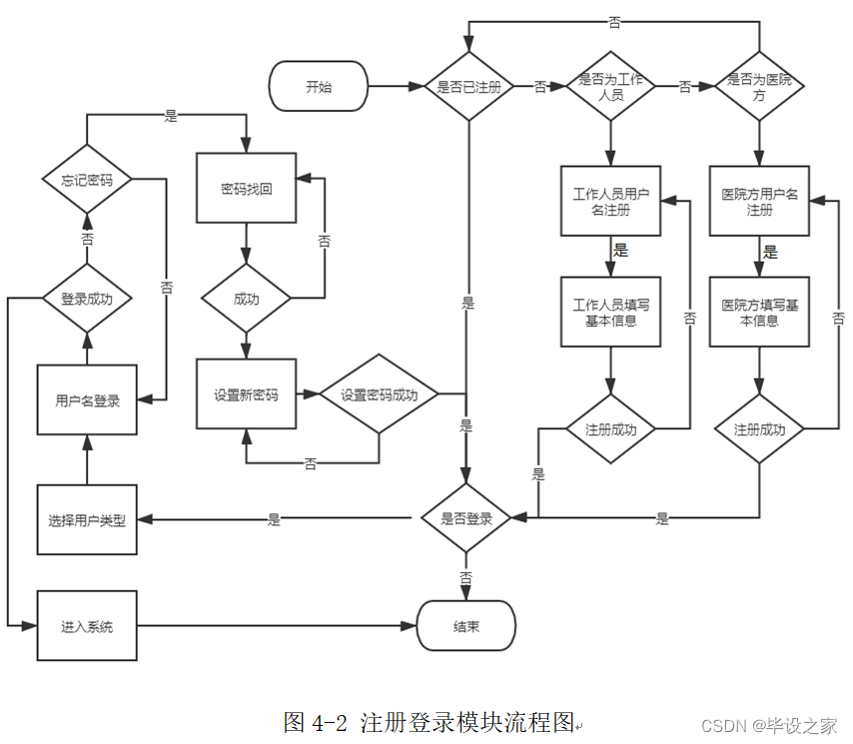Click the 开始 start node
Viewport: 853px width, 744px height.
[319, 87]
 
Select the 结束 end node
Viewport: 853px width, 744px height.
[465, 627]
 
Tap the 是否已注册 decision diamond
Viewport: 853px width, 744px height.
[468, 87]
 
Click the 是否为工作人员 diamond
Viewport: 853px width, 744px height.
[610, 87]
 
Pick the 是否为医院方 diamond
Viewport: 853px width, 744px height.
[759, 87]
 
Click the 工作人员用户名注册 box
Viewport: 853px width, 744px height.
[610, 201]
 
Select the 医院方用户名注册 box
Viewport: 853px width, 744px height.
[759, 201]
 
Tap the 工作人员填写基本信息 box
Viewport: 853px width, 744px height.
[610, 312]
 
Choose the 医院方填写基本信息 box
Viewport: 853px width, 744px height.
[759, 312]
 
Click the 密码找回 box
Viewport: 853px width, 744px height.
[246, 188]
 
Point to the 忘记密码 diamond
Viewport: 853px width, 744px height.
[87, 180]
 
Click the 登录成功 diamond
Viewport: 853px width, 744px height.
[87, 298]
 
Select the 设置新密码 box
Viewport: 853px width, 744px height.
[246, 394]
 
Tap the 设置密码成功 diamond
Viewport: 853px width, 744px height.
[379, 394]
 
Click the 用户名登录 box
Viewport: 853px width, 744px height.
[87, 400]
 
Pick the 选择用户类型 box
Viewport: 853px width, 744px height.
[87, 519]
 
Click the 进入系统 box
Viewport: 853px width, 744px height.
[87, 626]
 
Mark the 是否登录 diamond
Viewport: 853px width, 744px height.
[465, 518]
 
